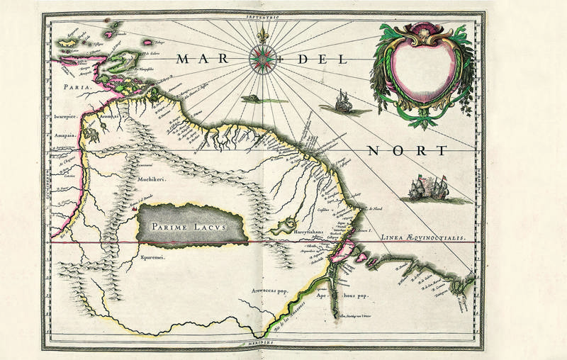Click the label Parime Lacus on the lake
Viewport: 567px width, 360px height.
[x=191, y=225]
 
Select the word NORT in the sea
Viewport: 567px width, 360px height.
[x=408, y=151]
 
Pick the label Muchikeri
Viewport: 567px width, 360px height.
[x=150, y=181]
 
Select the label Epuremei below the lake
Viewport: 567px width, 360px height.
[x=152, y=257]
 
